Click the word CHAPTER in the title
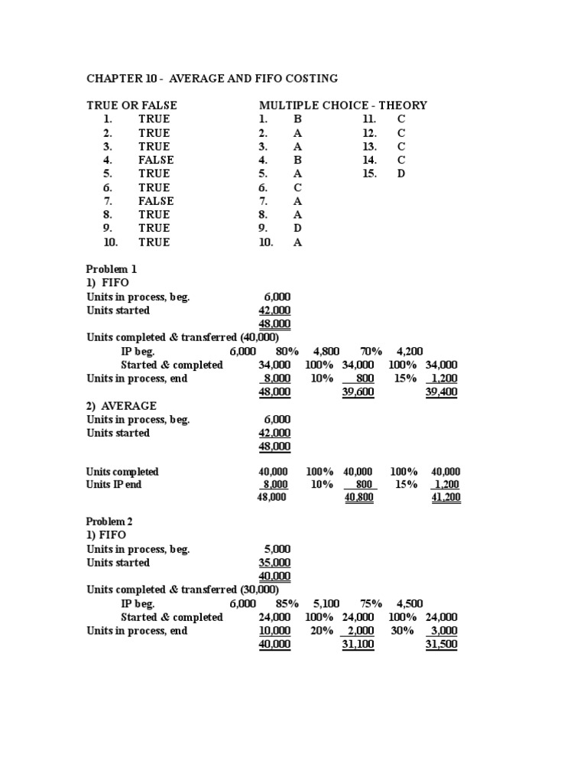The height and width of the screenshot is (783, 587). pyautogui.click(x=114, y=79)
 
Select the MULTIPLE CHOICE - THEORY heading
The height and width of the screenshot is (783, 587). pyautogui.click(x=343, y=105)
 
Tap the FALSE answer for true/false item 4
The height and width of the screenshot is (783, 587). pyautogui.click(x=156, y=160)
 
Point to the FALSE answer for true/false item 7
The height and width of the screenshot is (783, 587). pyautogui.click(x=156, y=201)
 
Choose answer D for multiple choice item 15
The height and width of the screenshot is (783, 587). pyautogui.click(x=401, y=174)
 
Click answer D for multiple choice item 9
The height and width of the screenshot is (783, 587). pyautogui.click(x=297, y=228)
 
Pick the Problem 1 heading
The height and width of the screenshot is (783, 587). pyautogui.click(x=112, y=269)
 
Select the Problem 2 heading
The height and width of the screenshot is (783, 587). pyautogui.click(x=112, y=521)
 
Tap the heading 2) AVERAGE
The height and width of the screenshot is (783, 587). pyautogui.click(x=122, y=406)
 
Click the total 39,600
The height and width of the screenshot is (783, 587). pyautogui.click(x=358, y=392)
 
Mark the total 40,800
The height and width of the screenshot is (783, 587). pyautogui.click(x=358, y=498)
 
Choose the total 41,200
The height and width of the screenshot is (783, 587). pyautogui.click(x=446, y=498)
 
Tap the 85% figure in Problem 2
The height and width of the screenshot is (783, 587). pyautogui.click(x=287, y=603)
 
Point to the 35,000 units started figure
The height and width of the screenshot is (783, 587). pyautogui.click(x=274, y=563)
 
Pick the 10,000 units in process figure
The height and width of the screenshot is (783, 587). pyautogui.click(x=274, y=631)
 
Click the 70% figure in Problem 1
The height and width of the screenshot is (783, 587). pyautogui.click(x=371, y=351)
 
